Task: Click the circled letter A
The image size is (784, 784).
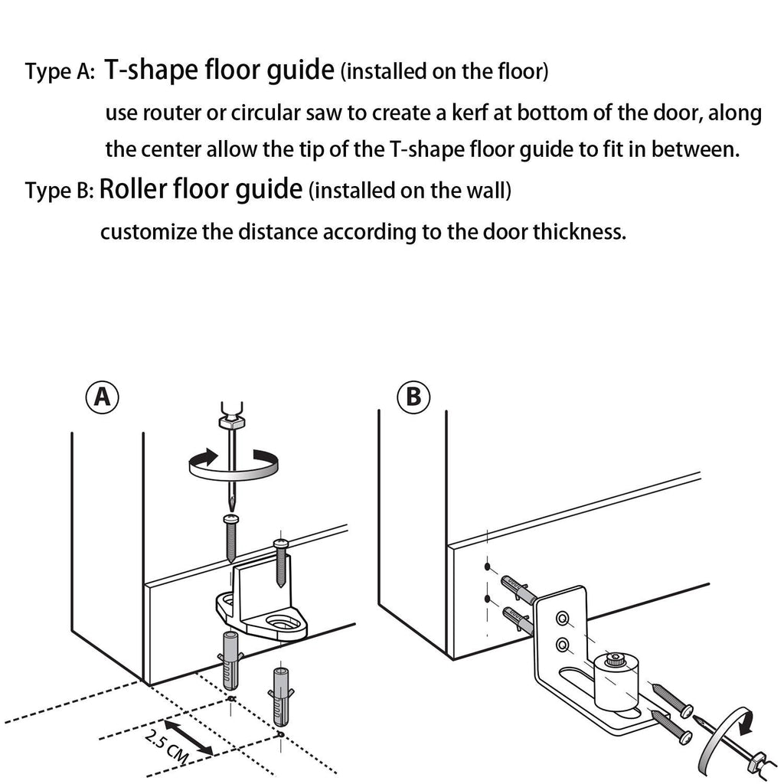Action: pyautogui.click(x=102, y=397)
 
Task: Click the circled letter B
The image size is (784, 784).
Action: pyautogui.click(x=413, y=397)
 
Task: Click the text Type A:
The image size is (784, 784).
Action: pyautogui.click(x=60, y=73)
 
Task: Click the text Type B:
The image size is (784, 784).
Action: pyautogui.click(x=59, y=191)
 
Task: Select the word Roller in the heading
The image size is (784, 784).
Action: pyautogui.click(x=134, y=189)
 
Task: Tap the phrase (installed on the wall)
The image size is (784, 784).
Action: pyautogui.click(x=410, y=191)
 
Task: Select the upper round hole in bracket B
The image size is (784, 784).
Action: pyautogui.click(x=563, y=616)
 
